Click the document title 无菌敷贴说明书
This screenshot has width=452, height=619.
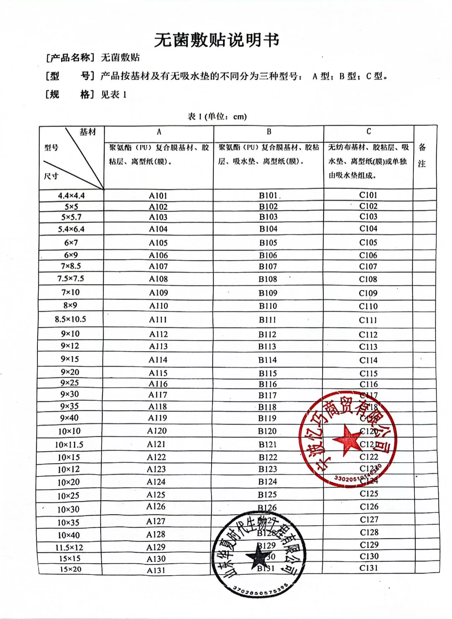(x=217, y=40)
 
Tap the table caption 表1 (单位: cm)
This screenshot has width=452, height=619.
(x=217, y=117)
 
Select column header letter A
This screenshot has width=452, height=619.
(x=159, y=132)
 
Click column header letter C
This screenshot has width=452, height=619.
(x=369, y=131)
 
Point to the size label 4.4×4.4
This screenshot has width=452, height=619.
(x=71, y=196)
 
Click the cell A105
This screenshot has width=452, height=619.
(x=158, y=243)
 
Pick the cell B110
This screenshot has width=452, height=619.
(x=268, y=306)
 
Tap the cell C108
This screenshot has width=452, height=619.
(x=368, y=279)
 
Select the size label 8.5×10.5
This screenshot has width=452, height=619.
(x=70, y=320)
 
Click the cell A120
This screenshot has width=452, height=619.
(x=157, y=431)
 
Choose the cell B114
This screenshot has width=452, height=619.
(x=267, y=360)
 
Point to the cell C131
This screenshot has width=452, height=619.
(x=369, y=568)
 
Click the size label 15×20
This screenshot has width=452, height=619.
(x=70, y=569)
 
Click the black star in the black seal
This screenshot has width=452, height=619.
(x=259, y=557)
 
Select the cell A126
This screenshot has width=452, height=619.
(x=156, y=507)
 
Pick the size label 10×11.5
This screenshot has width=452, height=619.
(x=69, y=445)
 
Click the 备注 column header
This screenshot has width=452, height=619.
(x=422, y=155)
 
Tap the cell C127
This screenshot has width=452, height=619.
(x=369, y=520)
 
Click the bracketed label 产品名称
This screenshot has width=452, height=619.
(x=70, y=58)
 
